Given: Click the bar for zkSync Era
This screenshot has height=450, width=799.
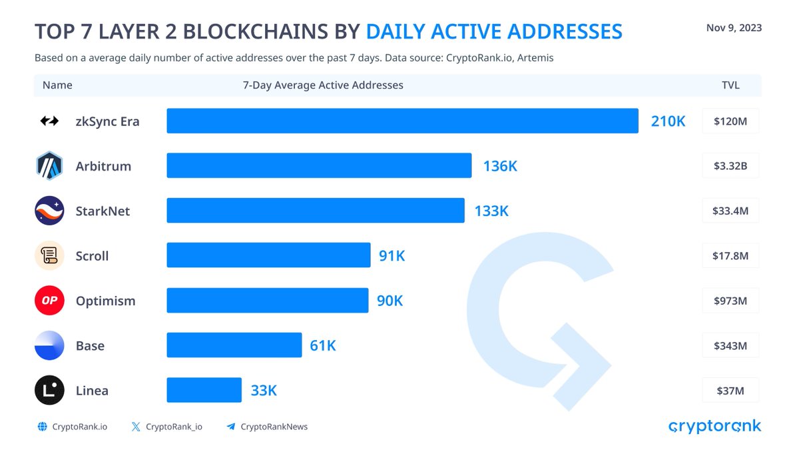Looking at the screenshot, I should tap(402, 121).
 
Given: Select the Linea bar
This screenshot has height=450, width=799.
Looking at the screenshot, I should tap(204, 391).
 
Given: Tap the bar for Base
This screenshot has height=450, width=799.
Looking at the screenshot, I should tap(234, 345).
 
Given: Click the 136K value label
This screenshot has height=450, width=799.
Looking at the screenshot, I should tap(500, 166).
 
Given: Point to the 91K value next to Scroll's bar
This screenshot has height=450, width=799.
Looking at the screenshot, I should tap(392, 256).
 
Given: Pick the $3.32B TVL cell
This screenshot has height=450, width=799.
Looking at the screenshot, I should tap(730, 166).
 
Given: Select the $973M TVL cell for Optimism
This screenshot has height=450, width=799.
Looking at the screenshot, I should tap(730, 301).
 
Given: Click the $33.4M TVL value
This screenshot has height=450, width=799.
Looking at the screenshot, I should tap(730, 211).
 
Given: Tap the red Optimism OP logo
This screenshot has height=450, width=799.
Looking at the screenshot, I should tap(49, 301).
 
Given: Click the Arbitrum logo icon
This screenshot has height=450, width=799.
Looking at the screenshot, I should tap(49, 166).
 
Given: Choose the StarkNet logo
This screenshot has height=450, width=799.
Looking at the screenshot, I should tap(49, 211).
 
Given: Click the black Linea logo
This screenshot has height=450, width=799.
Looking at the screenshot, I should tap(49, 391).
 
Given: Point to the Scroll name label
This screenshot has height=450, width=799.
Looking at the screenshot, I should tap(92, 256).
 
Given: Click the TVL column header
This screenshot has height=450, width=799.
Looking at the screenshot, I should tap(730, 85).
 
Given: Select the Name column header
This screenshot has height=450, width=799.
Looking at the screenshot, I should tap(57, 85).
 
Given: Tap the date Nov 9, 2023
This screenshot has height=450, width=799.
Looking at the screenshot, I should tap(734, 28).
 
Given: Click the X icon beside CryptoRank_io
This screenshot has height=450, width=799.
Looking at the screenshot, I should tap(136, 427).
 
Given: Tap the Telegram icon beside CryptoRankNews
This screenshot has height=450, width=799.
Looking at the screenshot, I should tap(231, 427).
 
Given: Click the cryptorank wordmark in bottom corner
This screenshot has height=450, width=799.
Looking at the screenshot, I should tap(714, 427).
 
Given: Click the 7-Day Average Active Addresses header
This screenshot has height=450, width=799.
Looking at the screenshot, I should tap(323, 85).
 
